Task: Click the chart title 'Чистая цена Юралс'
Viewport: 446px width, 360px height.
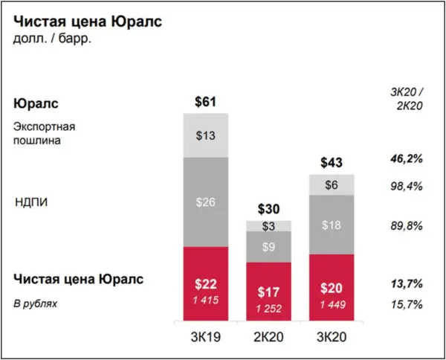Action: [88, 21]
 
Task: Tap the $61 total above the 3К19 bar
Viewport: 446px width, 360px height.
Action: [206, 102]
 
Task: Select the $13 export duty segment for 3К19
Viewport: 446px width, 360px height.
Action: [206, 135]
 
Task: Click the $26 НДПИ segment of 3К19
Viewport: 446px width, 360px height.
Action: [206, 202]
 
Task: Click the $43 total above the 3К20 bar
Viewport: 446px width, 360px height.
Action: [332, 162]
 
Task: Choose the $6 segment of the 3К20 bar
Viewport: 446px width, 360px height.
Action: [332, 185]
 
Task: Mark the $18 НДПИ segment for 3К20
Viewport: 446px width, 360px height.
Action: [332, 225]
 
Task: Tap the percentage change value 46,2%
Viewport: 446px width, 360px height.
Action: [406, 159]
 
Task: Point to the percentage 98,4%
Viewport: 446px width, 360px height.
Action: [406, 186]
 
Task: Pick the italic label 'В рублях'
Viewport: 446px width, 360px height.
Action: [34, 303]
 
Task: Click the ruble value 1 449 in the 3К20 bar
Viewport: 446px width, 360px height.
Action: [332, 304]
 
